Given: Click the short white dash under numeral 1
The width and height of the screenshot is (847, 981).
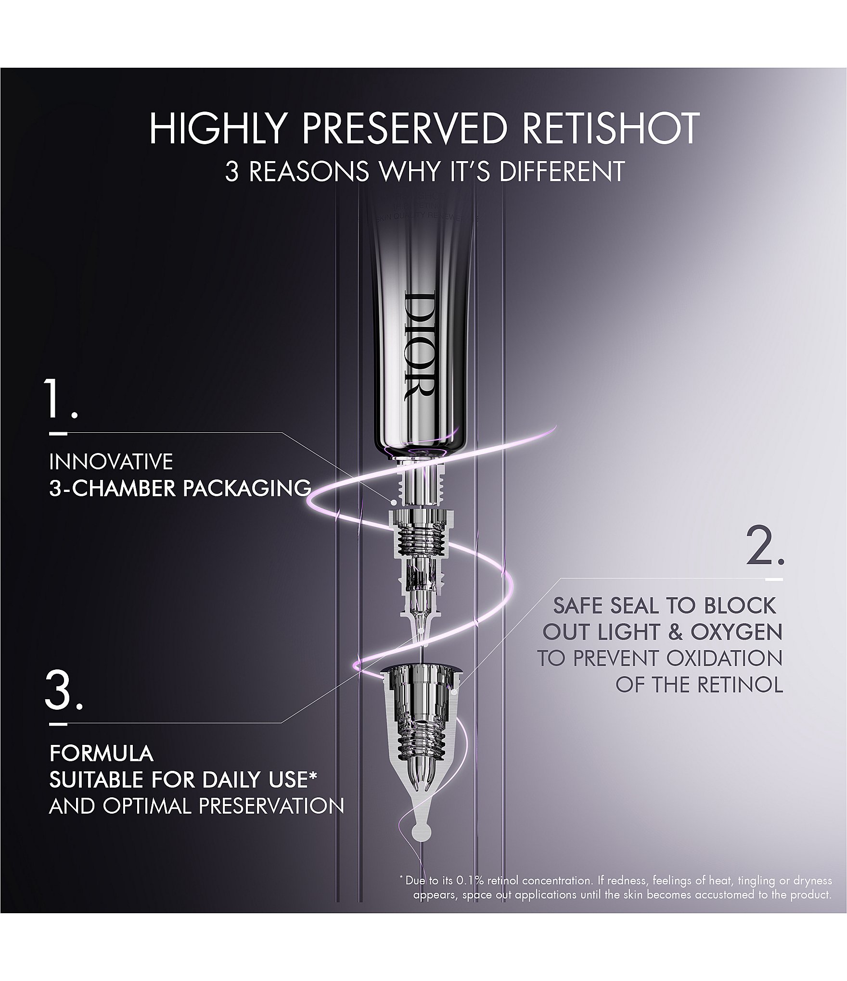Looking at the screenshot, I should pyautogui.click(x=59, y=433).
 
